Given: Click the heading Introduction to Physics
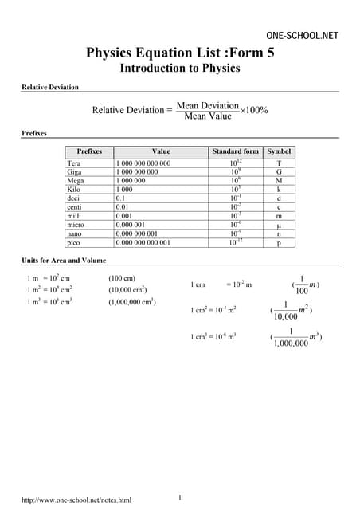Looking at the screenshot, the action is (x=179, y=69).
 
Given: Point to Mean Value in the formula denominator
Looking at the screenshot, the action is (x=207, y=116).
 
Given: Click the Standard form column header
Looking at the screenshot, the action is (x=236, y=151).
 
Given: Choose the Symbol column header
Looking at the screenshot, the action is (x=279, y=151).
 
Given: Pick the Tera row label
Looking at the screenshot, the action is (x=75, y=163).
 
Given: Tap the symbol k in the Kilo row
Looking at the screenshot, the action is (x=279, y=190).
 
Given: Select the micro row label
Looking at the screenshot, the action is (x=77, y=225).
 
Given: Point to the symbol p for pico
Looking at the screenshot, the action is (x=279, y=243).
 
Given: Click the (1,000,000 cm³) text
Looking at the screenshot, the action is (x=132, y=302).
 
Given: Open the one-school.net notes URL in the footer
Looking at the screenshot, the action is (x=76, y=500).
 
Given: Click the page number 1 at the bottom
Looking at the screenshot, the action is (x=180, y=498).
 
